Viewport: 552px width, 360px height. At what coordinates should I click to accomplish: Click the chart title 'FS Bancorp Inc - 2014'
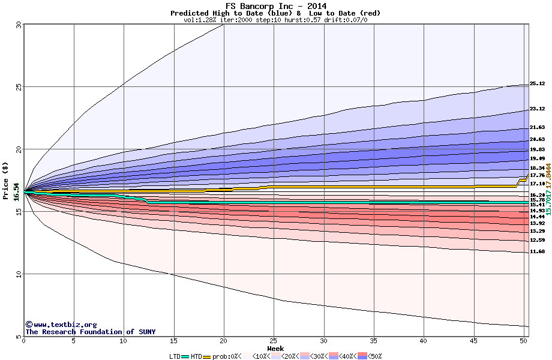click(275, 6)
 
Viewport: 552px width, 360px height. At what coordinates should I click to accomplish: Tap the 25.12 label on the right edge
click(537, 84)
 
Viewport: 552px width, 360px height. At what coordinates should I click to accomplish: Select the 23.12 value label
click(537, 109)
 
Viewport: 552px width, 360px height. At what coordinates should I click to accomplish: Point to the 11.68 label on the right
click(537, 252)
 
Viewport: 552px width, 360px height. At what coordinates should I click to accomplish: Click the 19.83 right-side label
click(537, 149)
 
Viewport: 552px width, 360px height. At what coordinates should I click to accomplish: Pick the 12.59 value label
click(537, 240)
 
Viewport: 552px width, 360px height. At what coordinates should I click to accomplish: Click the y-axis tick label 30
click(18, 25)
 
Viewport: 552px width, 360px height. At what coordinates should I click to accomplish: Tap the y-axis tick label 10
click(18, 274)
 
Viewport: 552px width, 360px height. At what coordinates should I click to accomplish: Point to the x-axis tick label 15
click(173, 341)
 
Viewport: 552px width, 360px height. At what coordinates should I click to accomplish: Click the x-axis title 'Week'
click(275, 349)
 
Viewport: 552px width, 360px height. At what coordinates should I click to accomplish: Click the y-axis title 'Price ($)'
click(6, 180)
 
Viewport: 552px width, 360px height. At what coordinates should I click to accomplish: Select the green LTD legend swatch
click(185, 356)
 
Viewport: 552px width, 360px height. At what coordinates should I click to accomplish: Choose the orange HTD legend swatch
click(207, 356)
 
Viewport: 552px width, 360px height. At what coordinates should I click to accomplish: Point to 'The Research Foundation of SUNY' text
click(90, 332)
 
